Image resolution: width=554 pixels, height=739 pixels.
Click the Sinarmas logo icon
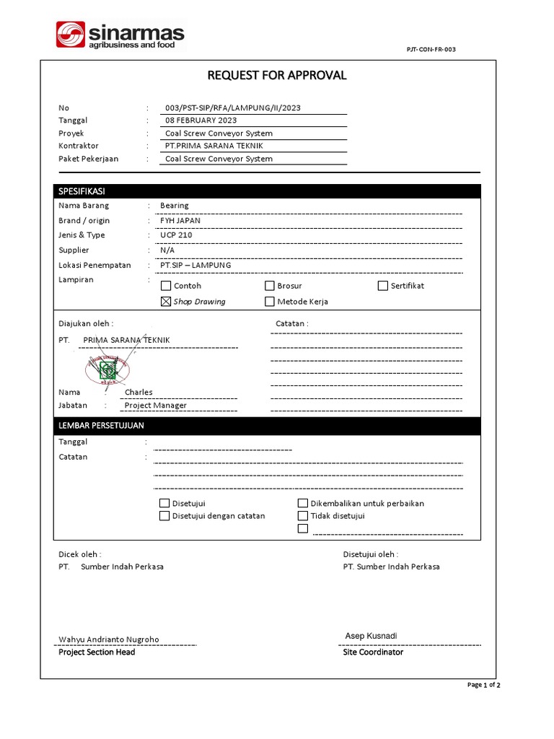coord(71,35)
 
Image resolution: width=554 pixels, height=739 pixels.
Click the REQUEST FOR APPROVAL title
coord(277,75)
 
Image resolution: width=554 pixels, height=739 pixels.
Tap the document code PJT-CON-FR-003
coord(431,49)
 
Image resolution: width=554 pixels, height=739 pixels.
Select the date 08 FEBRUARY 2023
coord(201,121)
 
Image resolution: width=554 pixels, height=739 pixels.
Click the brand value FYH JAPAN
coord(180,221)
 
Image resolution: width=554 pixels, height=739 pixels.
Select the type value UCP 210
coord(176,235)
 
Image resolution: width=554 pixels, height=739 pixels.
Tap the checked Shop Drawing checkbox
coord(166,302)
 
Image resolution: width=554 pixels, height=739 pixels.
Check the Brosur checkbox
coord(270,286)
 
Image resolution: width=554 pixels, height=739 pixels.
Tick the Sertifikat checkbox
coord(383,286)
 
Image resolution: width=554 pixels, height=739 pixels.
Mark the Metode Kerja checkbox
coord(270,302)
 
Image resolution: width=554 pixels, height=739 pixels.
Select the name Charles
coord(138,393)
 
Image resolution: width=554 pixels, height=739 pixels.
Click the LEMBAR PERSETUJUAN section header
coord(101,427)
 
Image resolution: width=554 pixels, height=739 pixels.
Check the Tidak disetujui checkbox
coord(303,516)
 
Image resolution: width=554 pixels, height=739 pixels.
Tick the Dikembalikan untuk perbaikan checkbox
coord(303,504)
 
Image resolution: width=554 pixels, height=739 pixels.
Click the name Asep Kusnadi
coord(371,636)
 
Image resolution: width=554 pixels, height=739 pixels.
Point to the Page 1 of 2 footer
coord(484,685)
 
